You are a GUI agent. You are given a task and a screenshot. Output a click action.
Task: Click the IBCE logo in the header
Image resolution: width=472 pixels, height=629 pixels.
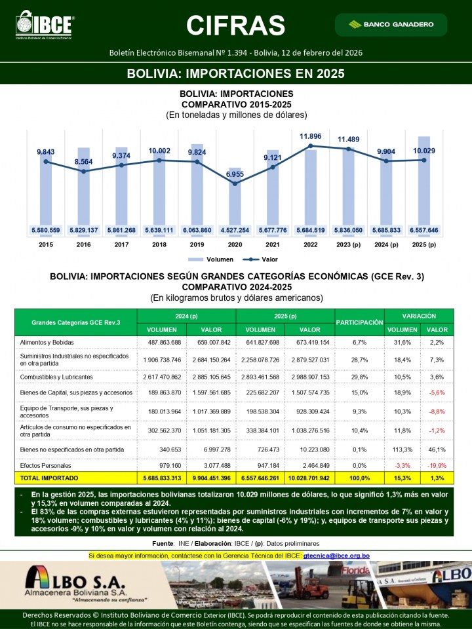pos(45,25)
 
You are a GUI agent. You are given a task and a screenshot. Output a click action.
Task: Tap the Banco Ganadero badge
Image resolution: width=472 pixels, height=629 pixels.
pos(391,24)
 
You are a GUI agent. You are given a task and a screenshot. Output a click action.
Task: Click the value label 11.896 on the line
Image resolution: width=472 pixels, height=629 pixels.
pos(311,136)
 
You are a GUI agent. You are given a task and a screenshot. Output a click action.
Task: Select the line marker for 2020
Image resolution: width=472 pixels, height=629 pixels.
pos(235,183)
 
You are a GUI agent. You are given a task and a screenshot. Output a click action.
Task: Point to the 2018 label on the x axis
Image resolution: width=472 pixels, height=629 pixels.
pos(159,244)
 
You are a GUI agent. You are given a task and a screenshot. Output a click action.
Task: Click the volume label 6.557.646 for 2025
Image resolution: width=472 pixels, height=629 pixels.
pos(423,230)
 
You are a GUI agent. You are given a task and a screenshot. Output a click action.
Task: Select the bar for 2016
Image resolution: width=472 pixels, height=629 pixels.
pos(83,190)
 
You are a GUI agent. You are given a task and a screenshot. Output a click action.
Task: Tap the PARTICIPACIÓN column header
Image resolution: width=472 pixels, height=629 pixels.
pos(359,322)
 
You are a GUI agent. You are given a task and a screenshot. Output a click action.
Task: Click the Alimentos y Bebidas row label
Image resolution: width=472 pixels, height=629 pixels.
pos(46,342)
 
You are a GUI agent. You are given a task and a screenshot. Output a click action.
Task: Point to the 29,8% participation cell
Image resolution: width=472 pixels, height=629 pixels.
pos(359,377)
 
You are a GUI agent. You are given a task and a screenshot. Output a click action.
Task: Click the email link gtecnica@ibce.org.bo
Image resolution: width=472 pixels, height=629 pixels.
pos(336,556)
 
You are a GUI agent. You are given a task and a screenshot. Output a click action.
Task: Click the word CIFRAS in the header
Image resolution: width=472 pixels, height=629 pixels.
pos(235,25)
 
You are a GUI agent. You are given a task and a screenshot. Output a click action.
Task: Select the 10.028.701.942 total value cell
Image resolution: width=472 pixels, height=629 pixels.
pos(309,478)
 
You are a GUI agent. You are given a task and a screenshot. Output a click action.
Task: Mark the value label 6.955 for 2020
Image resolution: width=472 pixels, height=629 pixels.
pos(235,174)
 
